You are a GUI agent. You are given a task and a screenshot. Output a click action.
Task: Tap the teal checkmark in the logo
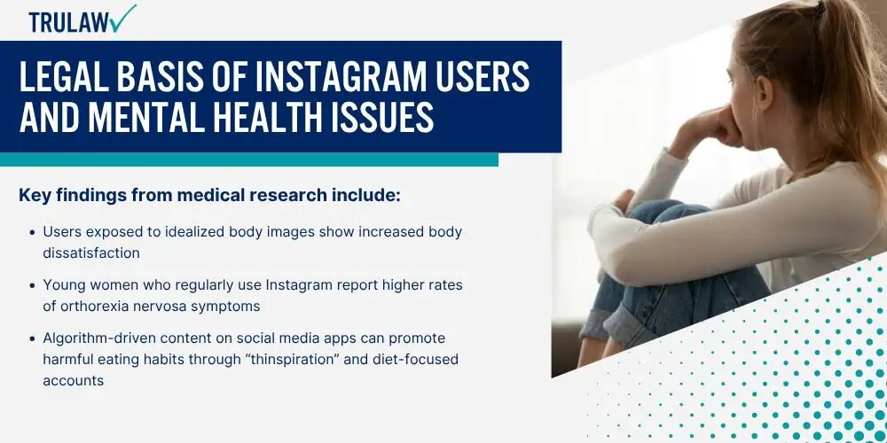click(x=124, y=18)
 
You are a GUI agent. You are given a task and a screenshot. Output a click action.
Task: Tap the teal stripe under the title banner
click(x=249, y=159)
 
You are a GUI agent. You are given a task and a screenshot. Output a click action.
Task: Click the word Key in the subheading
click(x=34, y=196)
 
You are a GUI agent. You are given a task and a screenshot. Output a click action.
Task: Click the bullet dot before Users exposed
click(x=32, y=232)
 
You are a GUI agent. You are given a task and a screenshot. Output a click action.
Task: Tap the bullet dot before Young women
click(x=32, y=285)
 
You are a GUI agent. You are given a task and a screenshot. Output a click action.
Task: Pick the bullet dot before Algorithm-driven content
click(x=32, y=338)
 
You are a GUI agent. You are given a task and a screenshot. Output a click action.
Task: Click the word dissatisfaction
click(x=91, y=253)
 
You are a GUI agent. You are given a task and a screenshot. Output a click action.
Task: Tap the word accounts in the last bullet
click(x=74, y=381)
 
